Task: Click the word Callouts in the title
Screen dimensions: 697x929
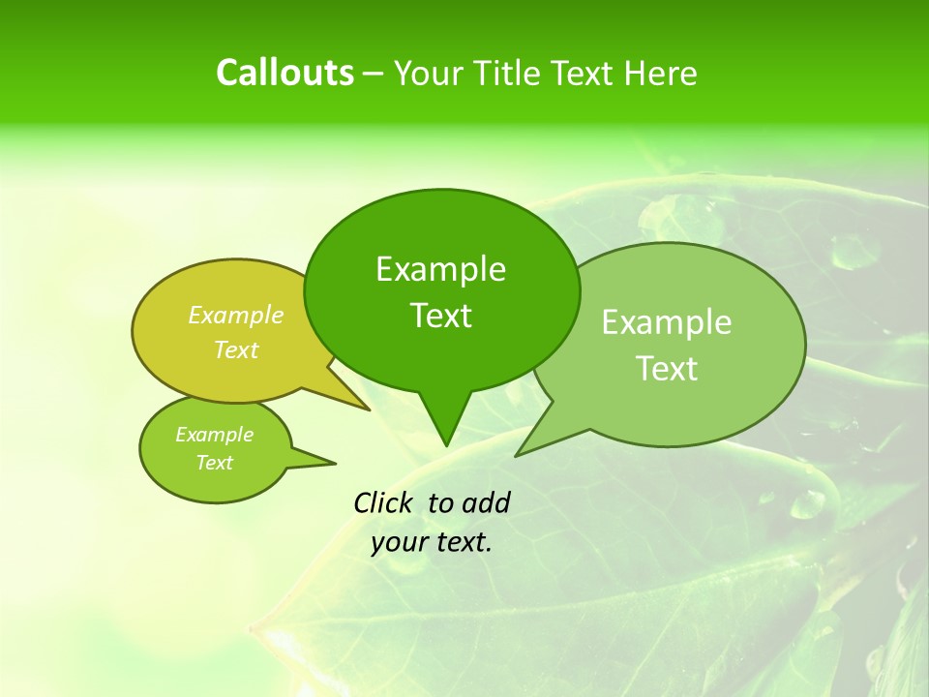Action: coord(285,73)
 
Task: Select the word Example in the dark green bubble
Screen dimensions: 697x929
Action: coord(440,269)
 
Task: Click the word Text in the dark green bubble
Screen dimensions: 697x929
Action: coord(440,316)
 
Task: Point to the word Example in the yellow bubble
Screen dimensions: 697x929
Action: coord(236,316)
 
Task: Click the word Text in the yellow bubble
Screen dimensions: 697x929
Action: coord(236,349)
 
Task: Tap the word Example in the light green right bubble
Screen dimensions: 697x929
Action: coord(667,322)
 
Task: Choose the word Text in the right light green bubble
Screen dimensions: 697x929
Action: coord(667,369)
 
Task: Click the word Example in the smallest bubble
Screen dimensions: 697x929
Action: coord(214,435)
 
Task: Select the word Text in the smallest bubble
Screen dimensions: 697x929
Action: coord(214,463)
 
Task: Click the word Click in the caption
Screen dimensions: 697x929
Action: coord(384,502)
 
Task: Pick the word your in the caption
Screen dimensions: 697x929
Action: coord(399,543)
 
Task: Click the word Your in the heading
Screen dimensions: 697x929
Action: coord(428,74)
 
